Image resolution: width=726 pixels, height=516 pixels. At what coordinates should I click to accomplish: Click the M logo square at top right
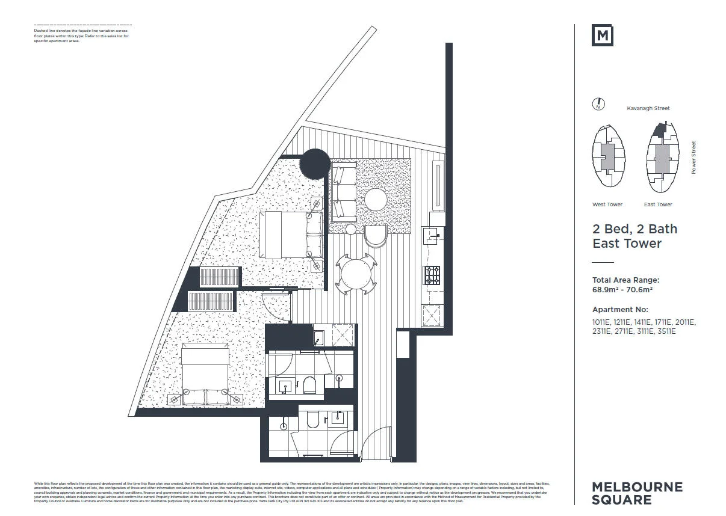click(603, 35)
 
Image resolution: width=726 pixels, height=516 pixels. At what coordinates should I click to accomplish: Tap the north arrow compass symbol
click(598, 104)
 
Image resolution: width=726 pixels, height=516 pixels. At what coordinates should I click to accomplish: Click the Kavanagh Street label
click(648, 108)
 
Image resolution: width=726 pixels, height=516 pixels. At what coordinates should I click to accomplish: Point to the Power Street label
click(693, 158)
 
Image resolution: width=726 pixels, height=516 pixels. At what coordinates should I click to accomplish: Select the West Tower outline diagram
click(609, 159)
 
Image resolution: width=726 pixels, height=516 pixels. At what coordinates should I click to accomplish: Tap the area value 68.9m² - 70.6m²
click(622, 289)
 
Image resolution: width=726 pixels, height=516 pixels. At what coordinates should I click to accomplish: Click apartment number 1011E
click(602, 322)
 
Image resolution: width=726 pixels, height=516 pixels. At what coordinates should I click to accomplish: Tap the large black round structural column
click(315, 164)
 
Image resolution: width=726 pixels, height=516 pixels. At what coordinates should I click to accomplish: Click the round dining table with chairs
click(356, 274)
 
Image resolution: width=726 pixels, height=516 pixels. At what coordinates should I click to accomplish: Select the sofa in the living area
click(344, 192)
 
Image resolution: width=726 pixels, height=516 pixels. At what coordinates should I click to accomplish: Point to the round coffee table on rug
click(376, 200)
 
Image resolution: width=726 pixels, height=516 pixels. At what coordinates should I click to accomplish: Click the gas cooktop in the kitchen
click(432, 275)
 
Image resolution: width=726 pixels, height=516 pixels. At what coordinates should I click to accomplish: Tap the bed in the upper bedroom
click(291, 234)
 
